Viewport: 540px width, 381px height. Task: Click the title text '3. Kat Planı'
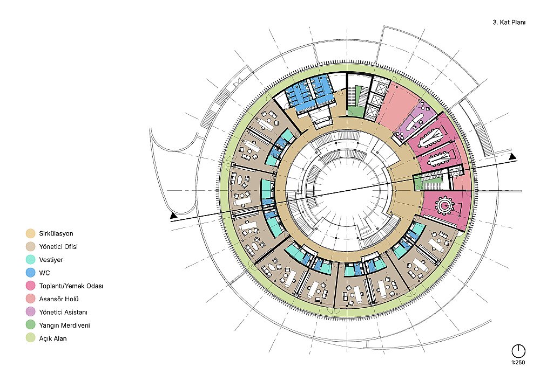pyautogui.click(x=509, y=22)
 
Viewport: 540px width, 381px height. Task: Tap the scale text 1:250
pyautogui.click(x=518, y=363)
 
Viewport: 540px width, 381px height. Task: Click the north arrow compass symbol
pyautogui.click(x=518, y=351)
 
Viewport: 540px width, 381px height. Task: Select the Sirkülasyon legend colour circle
pyautogui.click(x=31, y=234)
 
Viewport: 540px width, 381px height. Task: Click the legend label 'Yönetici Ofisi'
pyautogui.click(x=58, y=247)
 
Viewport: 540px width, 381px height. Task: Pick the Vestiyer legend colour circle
pyautogui.click(x=31, y=260)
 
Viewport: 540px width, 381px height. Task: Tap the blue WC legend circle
pyautogui.click(x=31, y=273)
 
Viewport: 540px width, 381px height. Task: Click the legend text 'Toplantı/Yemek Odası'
pyautogui.click(x=71, y=286)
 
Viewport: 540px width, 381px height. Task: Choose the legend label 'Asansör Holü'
pyautogui.click(x=58, y=299)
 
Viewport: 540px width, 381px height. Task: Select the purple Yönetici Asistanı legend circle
pyautogui.click(x=31, y=312)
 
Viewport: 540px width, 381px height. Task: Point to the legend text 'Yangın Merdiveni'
pyautogui.click(x=64, y=325)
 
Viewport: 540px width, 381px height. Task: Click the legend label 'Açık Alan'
pyautogui.click(x=53, y=338)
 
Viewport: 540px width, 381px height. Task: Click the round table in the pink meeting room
pyautogui.click(x=445, y=205)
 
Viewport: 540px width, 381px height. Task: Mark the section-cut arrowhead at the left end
pyautogui.click(x=173, y=216)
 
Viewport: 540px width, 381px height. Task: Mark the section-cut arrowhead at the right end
pyautogui.click(x=513, y=157)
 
